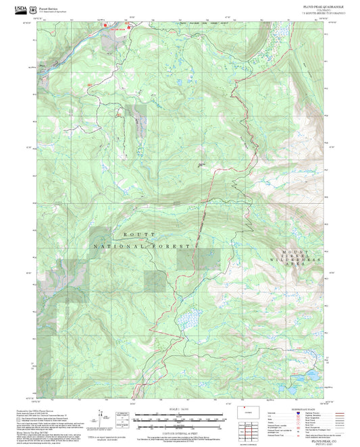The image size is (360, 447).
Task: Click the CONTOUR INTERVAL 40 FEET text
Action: coord(180,433)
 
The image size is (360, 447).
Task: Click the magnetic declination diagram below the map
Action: coord(107,419)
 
